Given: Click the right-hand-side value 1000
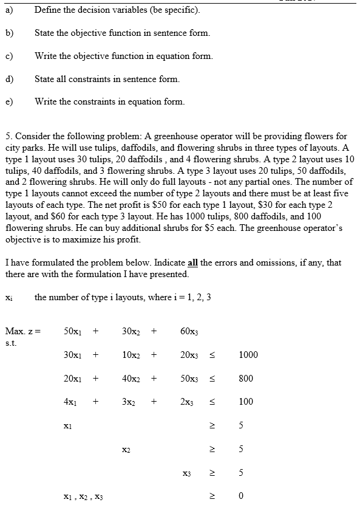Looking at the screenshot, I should click(x=248, y=355).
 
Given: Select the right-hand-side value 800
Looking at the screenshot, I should click(x=246, y=378).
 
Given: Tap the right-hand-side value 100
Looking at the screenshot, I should click(x=246, y=402).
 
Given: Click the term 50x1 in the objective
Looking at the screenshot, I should click(x=72, y=332).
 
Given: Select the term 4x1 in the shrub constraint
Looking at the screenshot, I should click(x=70, y=402).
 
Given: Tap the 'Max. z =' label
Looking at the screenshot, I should click(x=23, y=332).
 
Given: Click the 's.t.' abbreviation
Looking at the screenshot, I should click(x=10, y=342).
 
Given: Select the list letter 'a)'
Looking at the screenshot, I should click(x=10, y=10).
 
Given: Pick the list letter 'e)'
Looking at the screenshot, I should click(x=10, y=101).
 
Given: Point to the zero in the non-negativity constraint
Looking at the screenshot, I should click(x=241, y=496).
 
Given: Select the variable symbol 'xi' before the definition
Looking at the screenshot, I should click(x=8, y=298).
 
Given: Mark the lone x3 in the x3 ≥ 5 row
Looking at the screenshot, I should click(x=186, y=472).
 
